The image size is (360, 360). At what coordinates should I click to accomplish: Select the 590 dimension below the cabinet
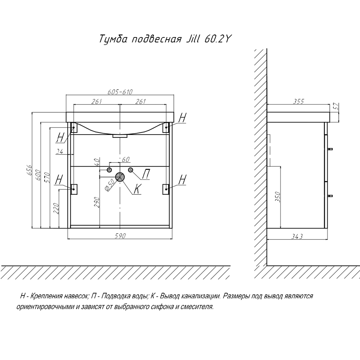120,236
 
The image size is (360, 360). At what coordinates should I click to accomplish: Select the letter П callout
146,174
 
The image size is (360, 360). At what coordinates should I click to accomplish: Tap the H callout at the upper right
183,118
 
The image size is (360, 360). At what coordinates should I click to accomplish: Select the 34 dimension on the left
59,152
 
